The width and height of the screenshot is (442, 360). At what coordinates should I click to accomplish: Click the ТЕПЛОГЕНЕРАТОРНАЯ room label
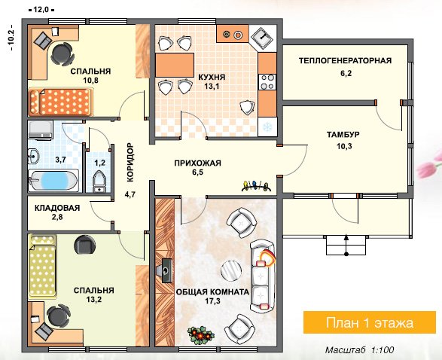coord(346,60)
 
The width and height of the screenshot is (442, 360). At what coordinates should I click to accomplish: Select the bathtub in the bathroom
coord(53,181)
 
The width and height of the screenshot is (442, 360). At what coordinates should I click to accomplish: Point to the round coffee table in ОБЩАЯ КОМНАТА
coord(231,270)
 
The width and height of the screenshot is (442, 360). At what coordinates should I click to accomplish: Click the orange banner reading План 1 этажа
coord(370,322)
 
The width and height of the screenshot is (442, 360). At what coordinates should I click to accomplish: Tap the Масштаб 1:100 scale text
coord(359,350)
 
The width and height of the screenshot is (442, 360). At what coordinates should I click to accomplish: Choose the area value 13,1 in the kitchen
coord(212,87)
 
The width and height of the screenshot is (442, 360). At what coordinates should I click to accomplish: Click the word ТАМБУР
coord(343,135)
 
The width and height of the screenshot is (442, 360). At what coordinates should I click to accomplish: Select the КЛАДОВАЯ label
coord(57,208)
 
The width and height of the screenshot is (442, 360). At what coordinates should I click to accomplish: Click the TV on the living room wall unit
coord(166,270)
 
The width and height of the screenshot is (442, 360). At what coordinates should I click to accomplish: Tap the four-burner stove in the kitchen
coord(267,82)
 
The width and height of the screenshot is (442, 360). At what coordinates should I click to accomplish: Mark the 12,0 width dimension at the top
coord(41,10)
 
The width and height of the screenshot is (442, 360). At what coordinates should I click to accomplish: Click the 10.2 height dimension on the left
coord(11,38)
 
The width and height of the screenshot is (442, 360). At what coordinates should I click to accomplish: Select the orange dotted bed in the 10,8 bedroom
coord(60,102)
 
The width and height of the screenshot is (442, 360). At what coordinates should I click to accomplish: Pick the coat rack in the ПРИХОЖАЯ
coord(256,186)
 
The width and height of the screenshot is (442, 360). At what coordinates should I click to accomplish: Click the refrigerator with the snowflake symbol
coord(267,127)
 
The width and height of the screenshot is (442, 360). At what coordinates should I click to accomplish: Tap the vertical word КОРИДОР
coord(130,163)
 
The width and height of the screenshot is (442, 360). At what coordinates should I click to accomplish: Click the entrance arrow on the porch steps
coord(346,245)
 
